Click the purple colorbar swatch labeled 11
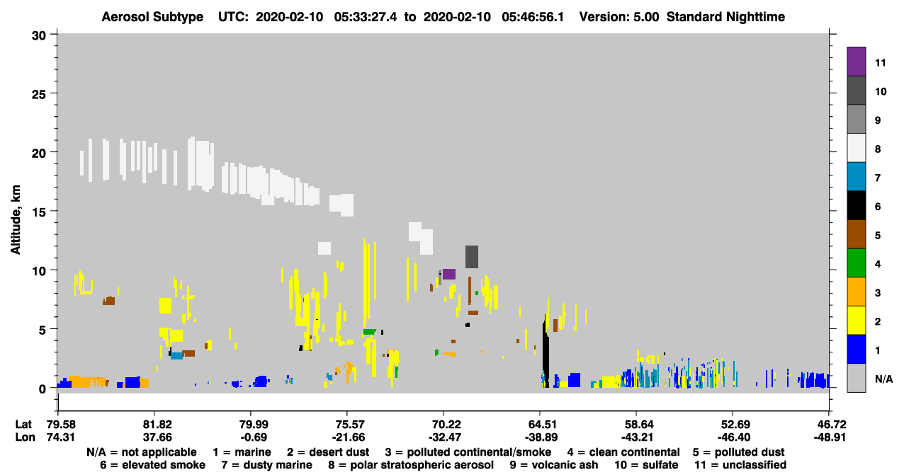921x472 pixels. coord(856,62)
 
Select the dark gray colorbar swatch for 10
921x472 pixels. coord(856,91)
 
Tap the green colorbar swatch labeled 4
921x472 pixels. coord(856,263)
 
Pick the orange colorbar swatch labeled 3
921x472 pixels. coord(856,292)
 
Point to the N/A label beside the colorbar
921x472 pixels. coord(883,379)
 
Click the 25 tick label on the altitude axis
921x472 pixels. coord(39,95)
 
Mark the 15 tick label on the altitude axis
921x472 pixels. coord(39,212)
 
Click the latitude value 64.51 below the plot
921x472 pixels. coord(541,424)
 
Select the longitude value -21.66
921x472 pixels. coord(349,437)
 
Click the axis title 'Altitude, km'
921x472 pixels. coord(16,219)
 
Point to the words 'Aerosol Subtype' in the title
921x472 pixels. coord(152,17)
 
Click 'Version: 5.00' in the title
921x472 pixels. coord(619,17)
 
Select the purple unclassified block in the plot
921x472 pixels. coord(449,274)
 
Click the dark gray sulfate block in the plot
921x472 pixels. coord(472,257)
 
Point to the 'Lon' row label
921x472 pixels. coord(25,437)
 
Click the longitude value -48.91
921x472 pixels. coord(830,437)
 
